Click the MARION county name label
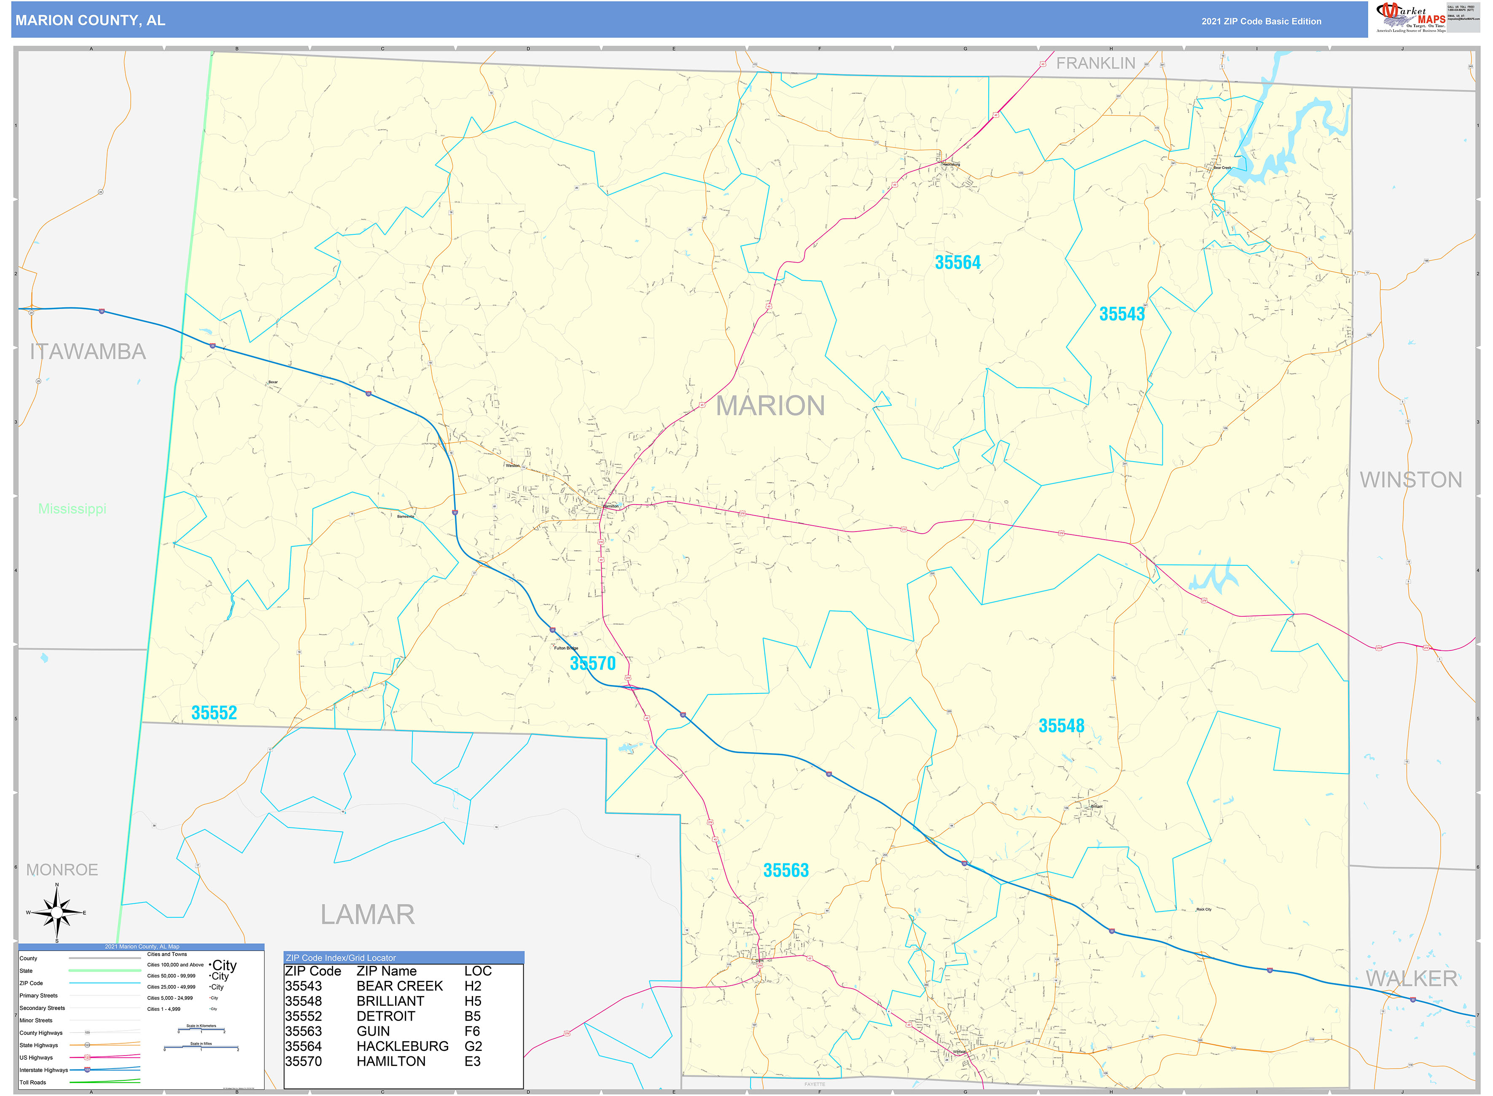click(770, 406)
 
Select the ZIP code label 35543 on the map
click(1122, 314)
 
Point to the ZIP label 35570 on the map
click(592, 663)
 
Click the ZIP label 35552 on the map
click(214, 712)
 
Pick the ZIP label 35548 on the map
click(1061, 726)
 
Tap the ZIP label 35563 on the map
click(786, 870)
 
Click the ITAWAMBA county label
click(88, 352)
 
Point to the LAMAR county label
click(368, 914)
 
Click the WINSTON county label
click(1411, 480)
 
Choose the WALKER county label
click(1411, 978)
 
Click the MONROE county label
click(62, 870)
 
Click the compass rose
click(57, 913)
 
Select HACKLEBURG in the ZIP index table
click(402, 1046)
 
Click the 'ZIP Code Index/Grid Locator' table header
click(340, 957)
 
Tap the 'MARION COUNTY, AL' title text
click(90, 21)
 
